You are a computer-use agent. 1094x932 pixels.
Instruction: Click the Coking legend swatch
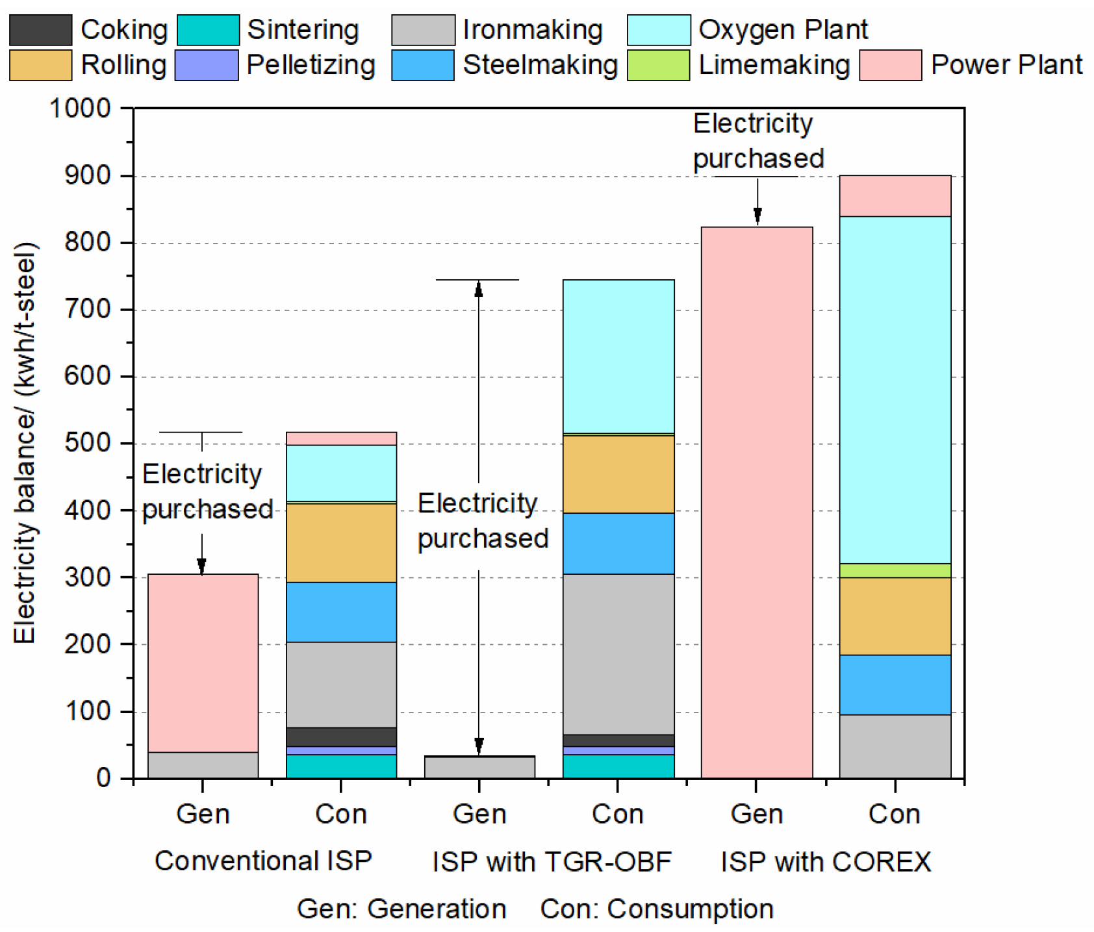click(40, 30)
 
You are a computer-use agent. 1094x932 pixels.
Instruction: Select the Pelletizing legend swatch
click(207, 65)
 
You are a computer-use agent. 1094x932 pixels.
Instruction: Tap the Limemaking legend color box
click(658, 65)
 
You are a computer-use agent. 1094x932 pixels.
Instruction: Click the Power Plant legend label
click(1006, 65)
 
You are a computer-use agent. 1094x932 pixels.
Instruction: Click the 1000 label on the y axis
click(81, 108)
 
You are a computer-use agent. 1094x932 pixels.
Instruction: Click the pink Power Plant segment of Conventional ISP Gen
click(203, 662)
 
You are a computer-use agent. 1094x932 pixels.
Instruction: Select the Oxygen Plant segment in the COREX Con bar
click(895, 390)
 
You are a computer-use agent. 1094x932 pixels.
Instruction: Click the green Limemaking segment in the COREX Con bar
click(895, 570)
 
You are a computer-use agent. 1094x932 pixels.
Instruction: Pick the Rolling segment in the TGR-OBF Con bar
click(618, 474)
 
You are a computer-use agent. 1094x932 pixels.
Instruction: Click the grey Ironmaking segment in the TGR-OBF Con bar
click(618, 653)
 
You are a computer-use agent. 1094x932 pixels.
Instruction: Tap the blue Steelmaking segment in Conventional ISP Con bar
click(341, 612)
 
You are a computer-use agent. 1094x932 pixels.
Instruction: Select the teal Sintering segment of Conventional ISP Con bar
click(341, 766)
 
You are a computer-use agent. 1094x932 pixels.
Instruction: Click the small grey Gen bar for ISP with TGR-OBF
click(479, 767)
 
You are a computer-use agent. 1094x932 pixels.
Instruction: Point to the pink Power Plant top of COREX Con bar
click(895, 196)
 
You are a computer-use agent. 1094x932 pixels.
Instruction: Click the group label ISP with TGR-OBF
click(552, 862)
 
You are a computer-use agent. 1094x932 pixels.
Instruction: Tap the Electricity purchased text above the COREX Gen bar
click(757, 141)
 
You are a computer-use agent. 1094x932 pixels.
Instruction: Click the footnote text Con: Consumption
click(656, 909)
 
